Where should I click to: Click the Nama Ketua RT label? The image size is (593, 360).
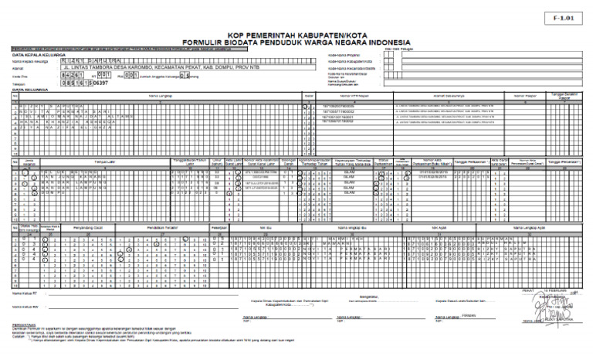[x=28, y=294]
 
